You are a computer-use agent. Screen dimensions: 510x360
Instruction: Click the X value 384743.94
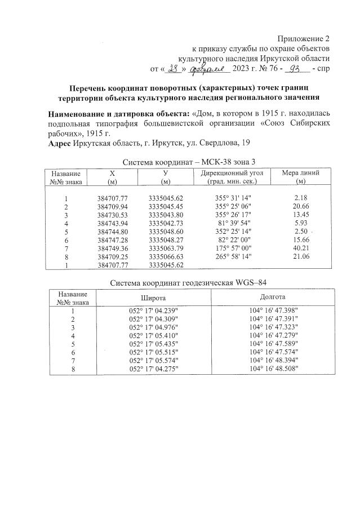pos(113,223)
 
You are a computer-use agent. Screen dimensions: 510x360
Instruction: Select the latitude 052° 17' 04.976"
pos(154,326)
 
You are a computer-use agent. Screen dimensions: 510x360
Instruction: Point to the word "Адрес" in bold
pos(59,144)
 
